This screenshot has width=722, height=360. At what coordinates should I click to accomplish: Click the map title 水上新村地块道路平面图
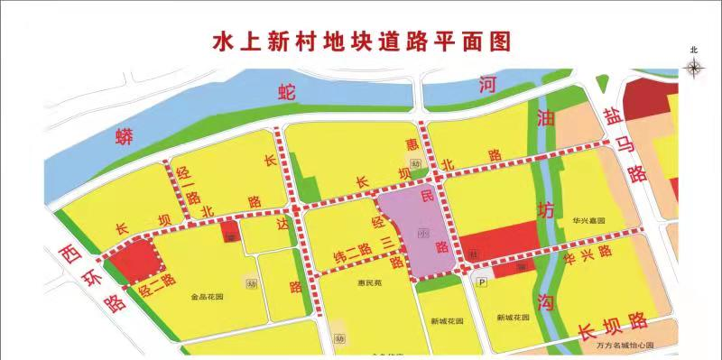click(361, 42)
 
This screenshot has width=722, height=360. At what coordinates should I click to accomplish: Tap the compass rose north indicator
click(693, 67)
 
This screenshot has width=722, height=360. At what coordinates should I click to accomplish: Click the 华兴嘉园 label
click(587, 220)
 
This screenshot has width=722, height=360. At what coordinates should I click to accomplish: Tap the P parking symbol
click(483, 282)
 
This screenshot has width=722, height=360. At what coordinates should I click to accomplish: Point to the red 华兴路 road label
click(587, 256)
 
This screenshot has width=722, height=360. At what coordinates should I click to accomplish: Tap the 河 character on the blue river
click(488, 85)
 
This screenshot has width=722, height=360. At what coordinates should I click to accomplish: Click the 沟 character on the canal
click(544, 302)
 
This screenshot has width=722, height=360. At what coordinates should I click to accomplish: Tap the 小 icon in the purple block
click(422, 232)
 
